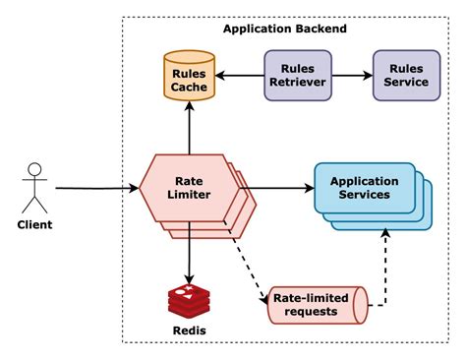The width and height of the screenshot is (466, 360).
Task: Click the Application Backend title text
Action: pos(284,29)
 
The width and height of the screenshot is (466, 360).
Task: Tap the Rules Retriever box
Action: pos(297,75)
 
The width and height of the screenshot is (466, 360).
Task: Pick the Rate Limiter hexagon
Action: pos(188,187)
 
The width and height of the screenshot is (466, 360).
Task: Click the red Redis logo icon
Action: pos(189,297)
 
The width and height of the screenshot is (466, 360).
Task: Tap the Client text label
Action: pos(35,225)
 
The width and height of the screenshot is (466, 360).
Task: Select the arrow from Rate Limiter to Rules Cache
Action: pos(189,131)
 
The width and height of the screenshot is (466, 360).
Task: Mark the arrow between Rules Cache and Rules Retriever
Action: pos(240,75)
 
